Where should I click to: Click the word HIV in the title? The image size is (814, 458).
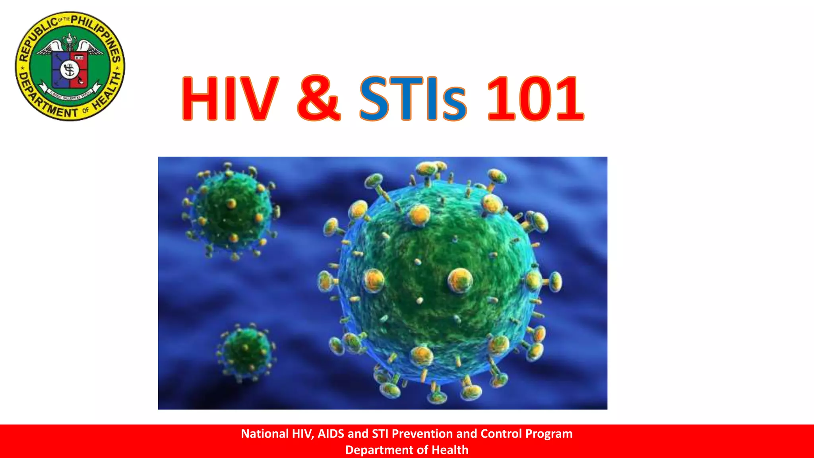pos(230,98)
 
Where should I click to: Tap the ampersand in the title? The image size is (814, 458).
pos(319,98)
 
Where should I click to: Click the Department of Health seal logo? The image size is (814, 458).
pos(70,66)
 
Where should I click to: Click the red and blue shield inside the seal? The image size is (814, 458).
pos(70,70)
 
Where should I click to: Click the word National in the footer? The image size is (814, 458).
pos(265,434)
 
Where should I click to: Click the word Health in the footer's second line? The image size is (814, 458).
pos(450,450)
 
